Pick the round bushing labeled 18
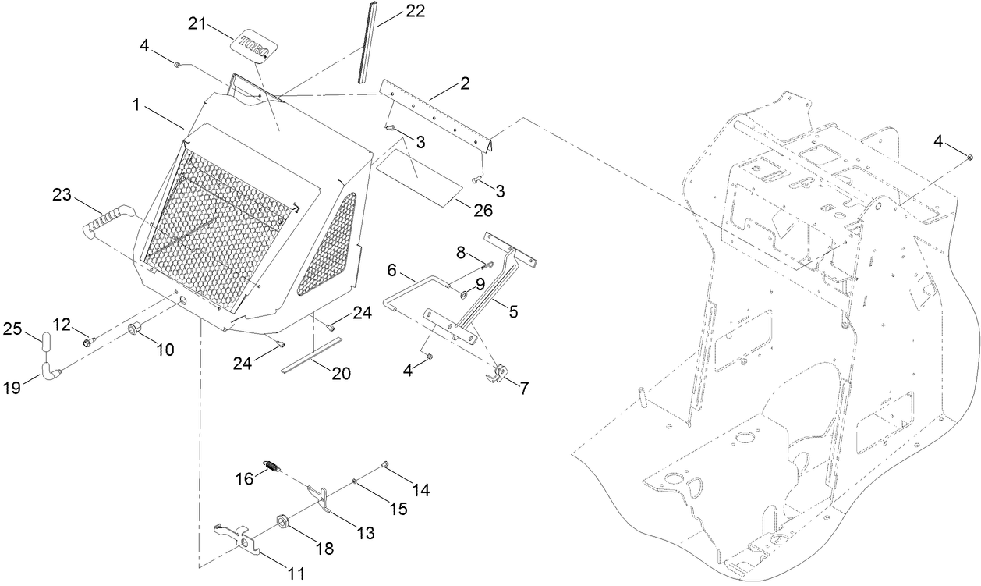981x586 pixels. (x=283, y=520)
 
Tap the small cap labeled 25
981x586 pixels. (x=45, y=343)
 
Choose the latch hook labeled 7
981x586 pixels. (x=498, y=373)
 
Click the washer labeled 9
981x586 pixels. (x=463, y=294)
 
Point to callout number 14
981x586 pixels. (x=421, y=490)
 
